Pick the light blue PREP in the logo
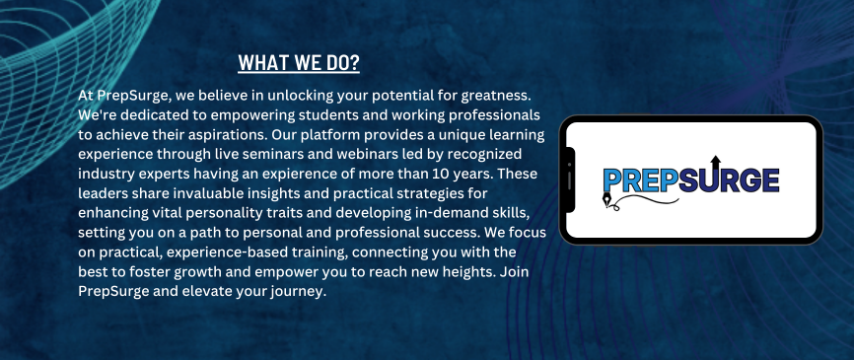pyautogui.click(x=637, y=180)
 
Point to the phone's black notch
pyautogui.click(x=570, y=180)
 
